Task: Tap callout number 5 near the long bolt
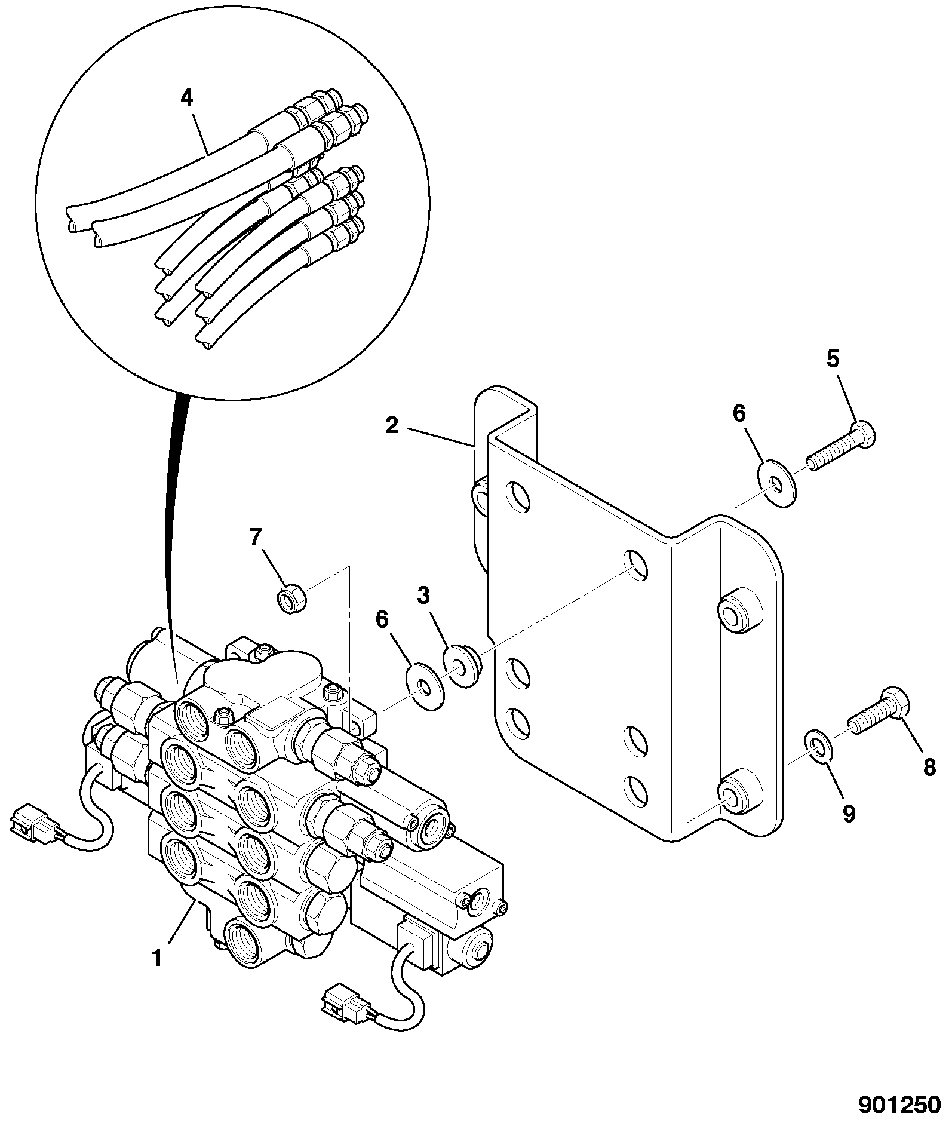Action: click(833, 360)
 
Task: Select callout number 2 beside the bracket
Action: click(391, 427)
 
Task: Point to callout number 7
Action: click(255, 538)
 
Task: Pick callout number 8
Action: click(929, 767)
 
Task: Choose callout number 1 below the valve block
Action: click(157, 958)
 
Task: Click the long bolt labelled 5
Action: click(842, 446)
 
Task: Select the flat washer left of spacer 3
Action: click(424, 686)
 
